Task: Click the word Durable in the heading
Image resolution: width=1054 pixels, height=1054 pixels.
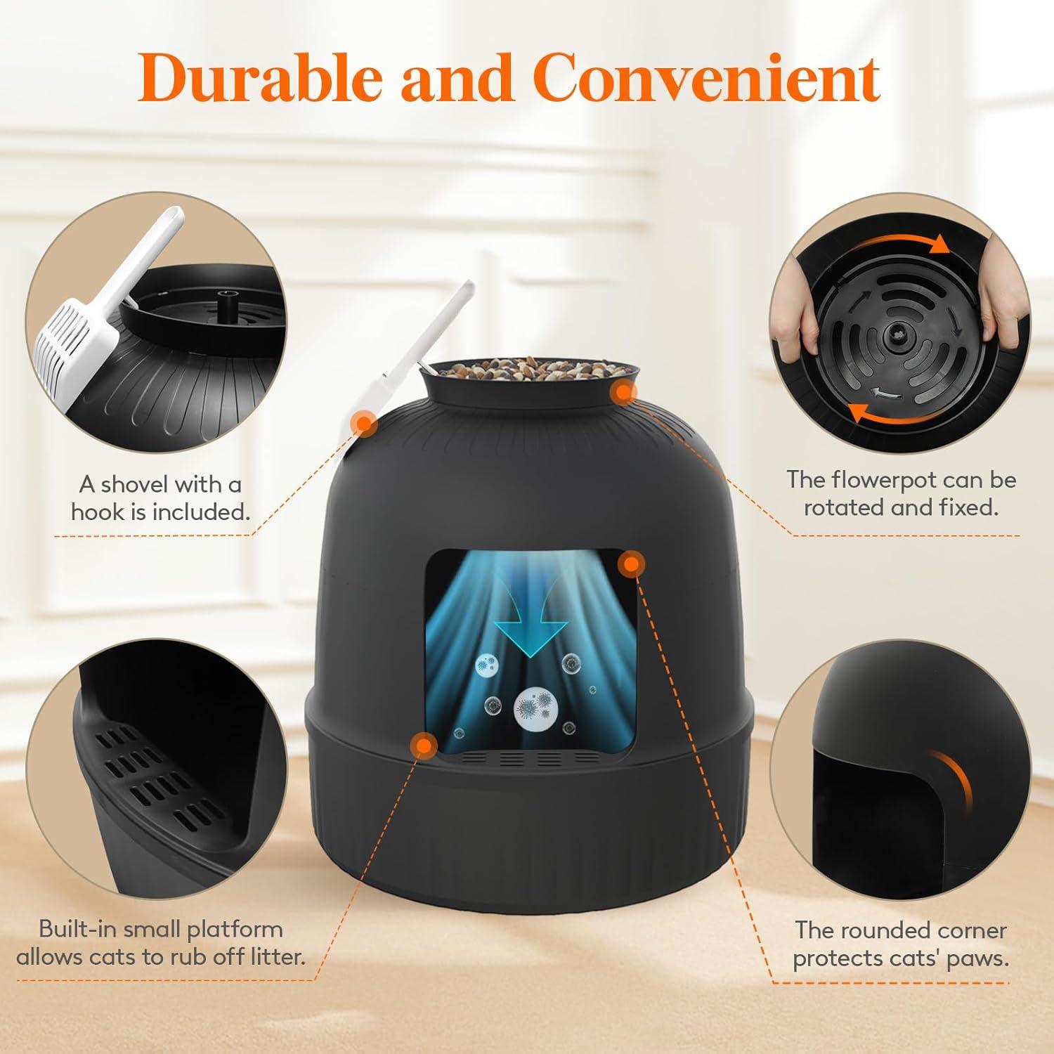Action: [x=260, y=77]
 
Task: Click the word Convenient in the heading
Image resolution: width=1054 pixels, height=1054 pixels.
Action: [x=710, y=77]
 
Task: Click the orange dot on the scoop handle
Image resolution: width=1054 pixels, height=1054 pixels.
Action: [x=363, y=423]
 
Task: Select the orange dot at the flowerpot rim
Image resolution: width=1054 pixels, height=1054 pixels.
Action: [x=623, y=393]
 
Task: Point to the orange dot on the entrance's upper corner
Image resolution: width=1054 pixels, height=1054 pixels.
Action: [x=630, y=564]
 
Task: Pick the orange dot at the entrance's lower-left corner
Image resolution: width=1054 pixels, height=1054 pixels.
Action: [x=423, y=745]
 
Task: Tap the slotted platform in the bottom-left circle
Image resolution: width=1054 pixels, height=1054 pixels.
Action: [x=162, y=780]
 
